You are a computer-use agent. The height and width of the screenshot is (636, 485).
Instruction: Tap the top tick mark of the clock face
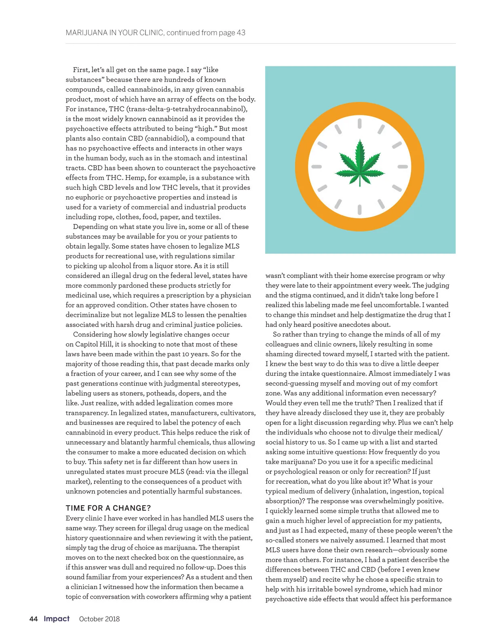click(x=360, y=123)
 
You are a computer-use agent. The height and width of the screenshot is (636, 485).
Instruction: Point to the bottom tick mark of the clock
click(x=360, y=209)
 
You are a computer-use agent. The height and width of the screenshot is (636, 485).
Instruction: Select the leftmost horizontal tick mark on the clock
click(x=316, y=166)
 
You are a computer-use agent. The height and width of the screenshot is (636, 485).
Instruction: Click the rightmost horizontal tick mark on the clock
click(x=403, y=166)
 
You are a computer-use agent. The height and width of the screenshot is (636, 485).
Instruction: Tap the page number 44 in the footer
click(x=34, y=619)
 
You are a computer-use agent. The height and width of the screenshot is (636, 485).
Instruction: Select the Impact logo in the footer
click(x=57, y=619)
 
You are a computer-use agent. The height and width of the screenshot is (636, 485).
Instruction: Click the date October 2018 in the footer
click(x=99, y=619)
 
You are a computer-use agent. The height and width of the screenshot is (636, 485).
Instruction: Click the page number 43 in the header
click(x=241, y=33)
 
